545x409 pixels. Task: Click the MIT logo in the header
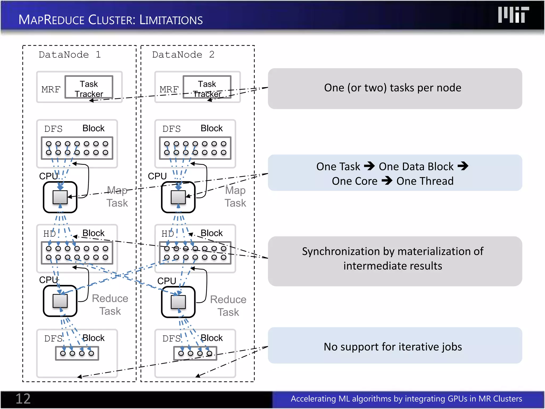(513, 15)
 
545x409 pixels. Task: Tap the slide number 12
(23, 399)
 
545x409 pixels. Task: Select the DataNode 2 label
(183, 55)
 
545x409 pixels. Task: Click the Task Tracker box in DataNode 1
(89, 87)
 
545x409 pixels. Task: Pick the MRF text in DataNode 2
(169, 89)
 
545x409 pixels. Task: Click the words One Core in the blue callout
(354, 181)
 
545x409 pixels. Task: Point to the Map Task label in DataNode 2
(235, 197)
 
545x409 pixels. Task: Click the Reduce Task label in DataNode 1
(110, 305)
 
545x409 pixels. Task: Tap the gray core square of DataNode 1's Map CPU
(60, 197)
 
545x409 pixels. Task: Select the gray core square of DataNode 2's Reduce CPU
(178, 302)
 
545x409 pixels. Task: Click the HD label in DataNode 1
(49, 234)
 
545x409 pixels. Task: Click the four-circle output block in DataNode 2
(195, 353)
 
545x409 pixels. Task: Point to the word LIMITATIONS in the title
(171, 20)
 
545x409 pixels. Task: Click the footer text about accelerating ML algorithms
(406, 399)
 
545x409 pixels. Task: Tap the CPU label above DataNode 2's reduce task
(167, 281)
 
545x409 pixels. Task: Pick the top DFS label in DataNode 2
(171, 129)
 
